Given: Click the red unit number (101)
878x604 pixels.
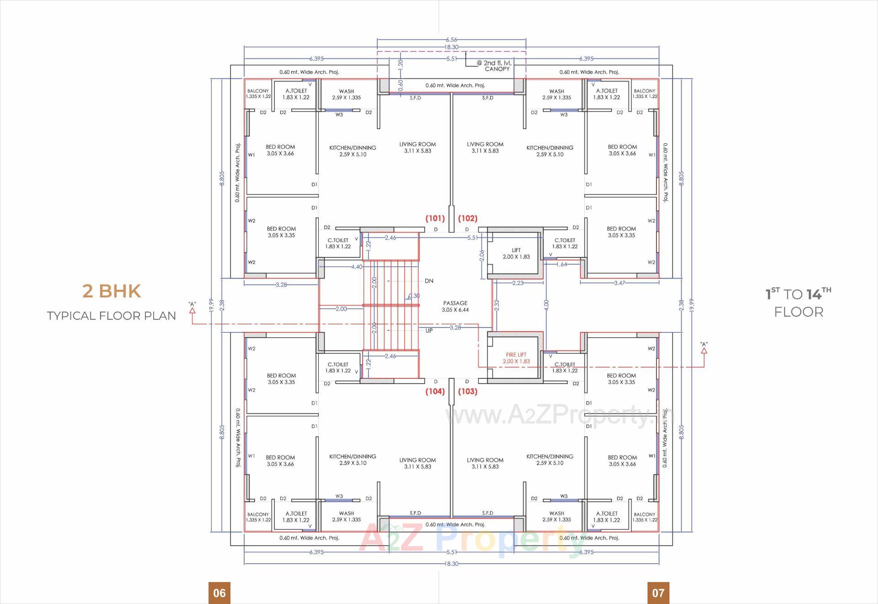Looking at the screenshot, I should pos(435,218).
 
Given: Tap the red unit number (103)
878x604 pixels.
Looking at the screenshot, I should pos(467,391).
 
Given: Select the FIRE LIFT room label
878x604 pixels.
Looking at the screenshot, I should pos(516,358).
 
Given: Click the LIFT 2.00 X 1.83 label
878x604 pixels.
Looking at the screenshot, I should pos(516,253).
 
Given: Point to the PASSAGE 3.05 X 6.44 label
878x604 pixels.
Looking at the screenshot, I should pos(455,306).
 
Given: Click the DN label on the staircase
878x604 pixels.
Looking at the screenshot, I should pos(428,281).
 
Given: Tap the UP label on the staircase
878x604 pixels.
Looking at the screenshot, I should pos(428,330).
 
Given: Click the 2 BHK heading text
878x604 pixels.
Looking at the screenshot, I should pos(111,291).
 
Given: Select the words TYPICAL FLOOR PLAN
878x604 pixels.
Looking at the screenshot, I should pos(111,316).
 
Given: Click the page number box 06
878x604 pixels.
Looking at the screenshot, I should pos(219,593).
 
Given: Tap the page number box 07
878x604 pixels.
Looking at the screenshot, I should pos(658,593).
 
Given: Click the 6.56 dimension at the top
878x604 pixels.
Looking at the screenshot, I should pos(451,40).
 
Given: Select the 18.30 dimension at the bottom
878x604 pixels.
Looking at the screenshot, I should pos(451,563).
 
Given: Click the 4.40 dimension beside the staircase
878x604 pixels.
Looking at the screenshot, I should pos(356,267).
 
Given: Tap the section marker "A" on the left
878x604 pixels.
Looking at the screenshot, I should pos(192,307).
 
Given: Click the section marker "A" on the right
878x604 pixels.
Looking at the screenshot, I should pos(704,347).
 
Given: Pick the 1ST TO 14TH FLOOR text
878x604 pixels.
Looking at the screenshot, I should pos(798,302).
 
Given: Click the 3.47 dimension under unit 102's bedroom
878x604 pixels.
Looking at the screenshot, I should pos(619,283).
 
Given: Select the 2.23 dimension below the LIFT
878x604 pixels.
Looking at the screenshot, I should pos(518,283).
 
